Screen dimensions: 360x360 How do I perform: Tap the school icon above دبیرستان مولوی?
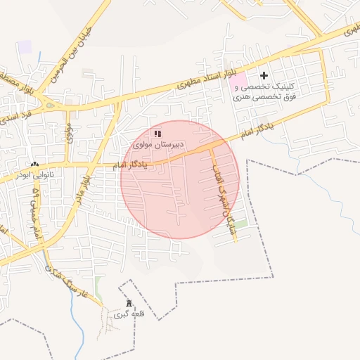click(158, 133)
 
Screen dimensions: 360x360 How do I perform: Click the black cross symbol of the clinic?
click(264, 75)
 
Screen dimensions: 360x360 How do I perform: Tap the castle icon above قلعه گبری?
click(127, 303)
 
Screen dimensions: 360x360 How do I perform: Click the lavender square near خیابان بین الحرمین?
click(25, 46)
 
